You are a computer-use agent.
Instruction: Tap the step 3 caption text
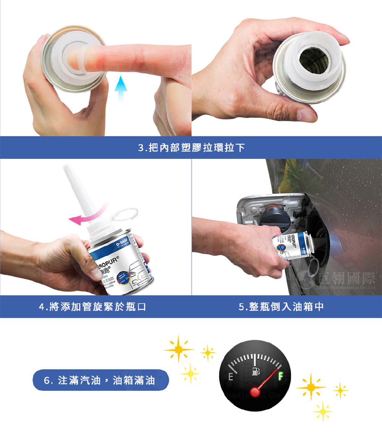191,147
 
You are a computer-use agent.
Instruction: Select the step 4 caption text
93,307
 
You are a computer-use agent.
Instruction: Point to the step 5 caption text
282,307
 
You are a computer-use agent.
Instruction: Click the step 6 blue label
100,380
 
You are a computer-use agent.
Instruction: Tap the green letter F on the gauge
281,377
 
